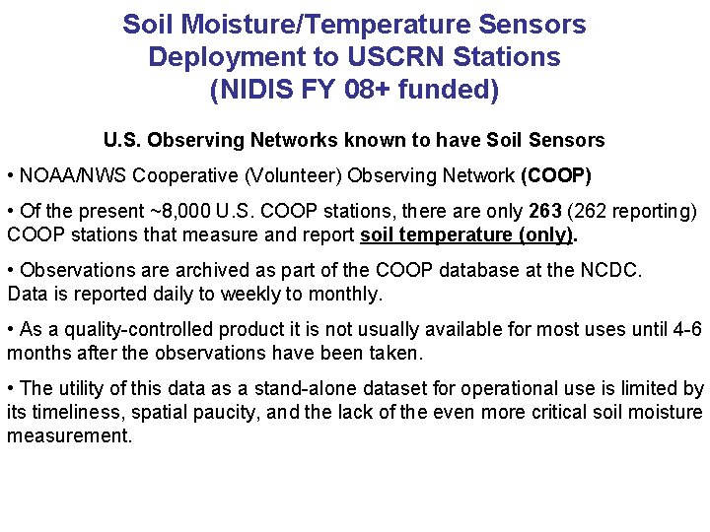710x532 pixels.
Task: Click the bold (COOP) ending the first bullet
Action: click(555, 176)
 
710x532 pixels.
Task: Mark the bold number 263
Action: click(544, 212)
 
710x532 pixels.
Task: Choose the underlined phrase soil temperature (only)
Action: click(466, 235)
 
